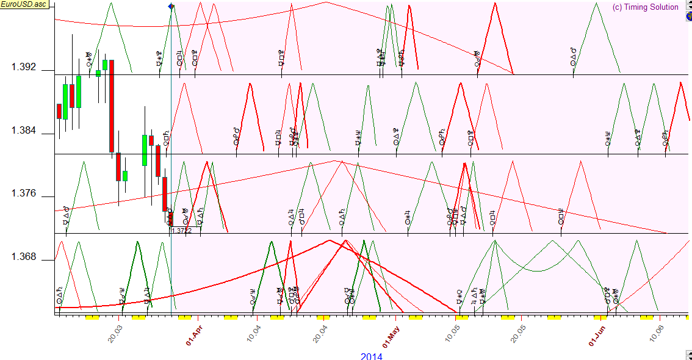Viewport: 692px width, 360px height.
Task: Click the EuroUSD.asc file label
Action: [24, 4]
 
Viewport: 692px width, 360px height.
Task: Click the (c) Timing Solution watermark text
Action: [645, 7]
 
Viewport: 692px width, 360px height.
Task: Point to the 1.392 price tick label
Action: [24, 68]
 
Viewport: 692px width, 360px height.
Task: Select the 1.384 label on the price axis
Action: [24, 131]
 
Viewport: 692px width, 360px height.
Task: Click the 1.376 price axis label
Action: [24, 194]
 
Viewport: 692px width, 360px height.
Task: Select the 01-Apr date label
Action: [194, 334]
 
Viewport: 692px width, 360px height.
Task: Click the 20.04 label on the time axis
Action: [323, 334]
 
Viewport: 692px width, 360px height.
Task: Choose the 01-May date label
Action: [394, 334]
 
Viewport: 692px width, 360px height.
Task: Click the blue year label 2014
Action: [371, 356]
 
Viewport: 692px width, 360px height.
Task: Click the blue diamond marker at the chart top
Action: [170, 6]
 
